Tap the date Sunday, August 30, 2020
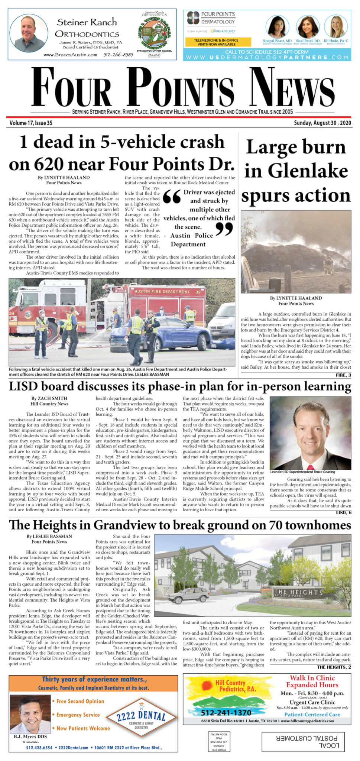tap(322, 123)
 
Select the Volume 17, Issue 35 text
tap(31, 123)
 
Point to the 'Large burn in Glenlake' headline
tap(296, 171)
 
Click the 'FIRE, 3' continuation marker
tap(343, 375)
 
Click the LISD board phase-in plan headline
tap(180, 387)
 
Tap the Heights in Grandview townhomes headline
tap(180, 525)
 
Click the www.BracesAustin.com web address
tap(70, 55)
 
